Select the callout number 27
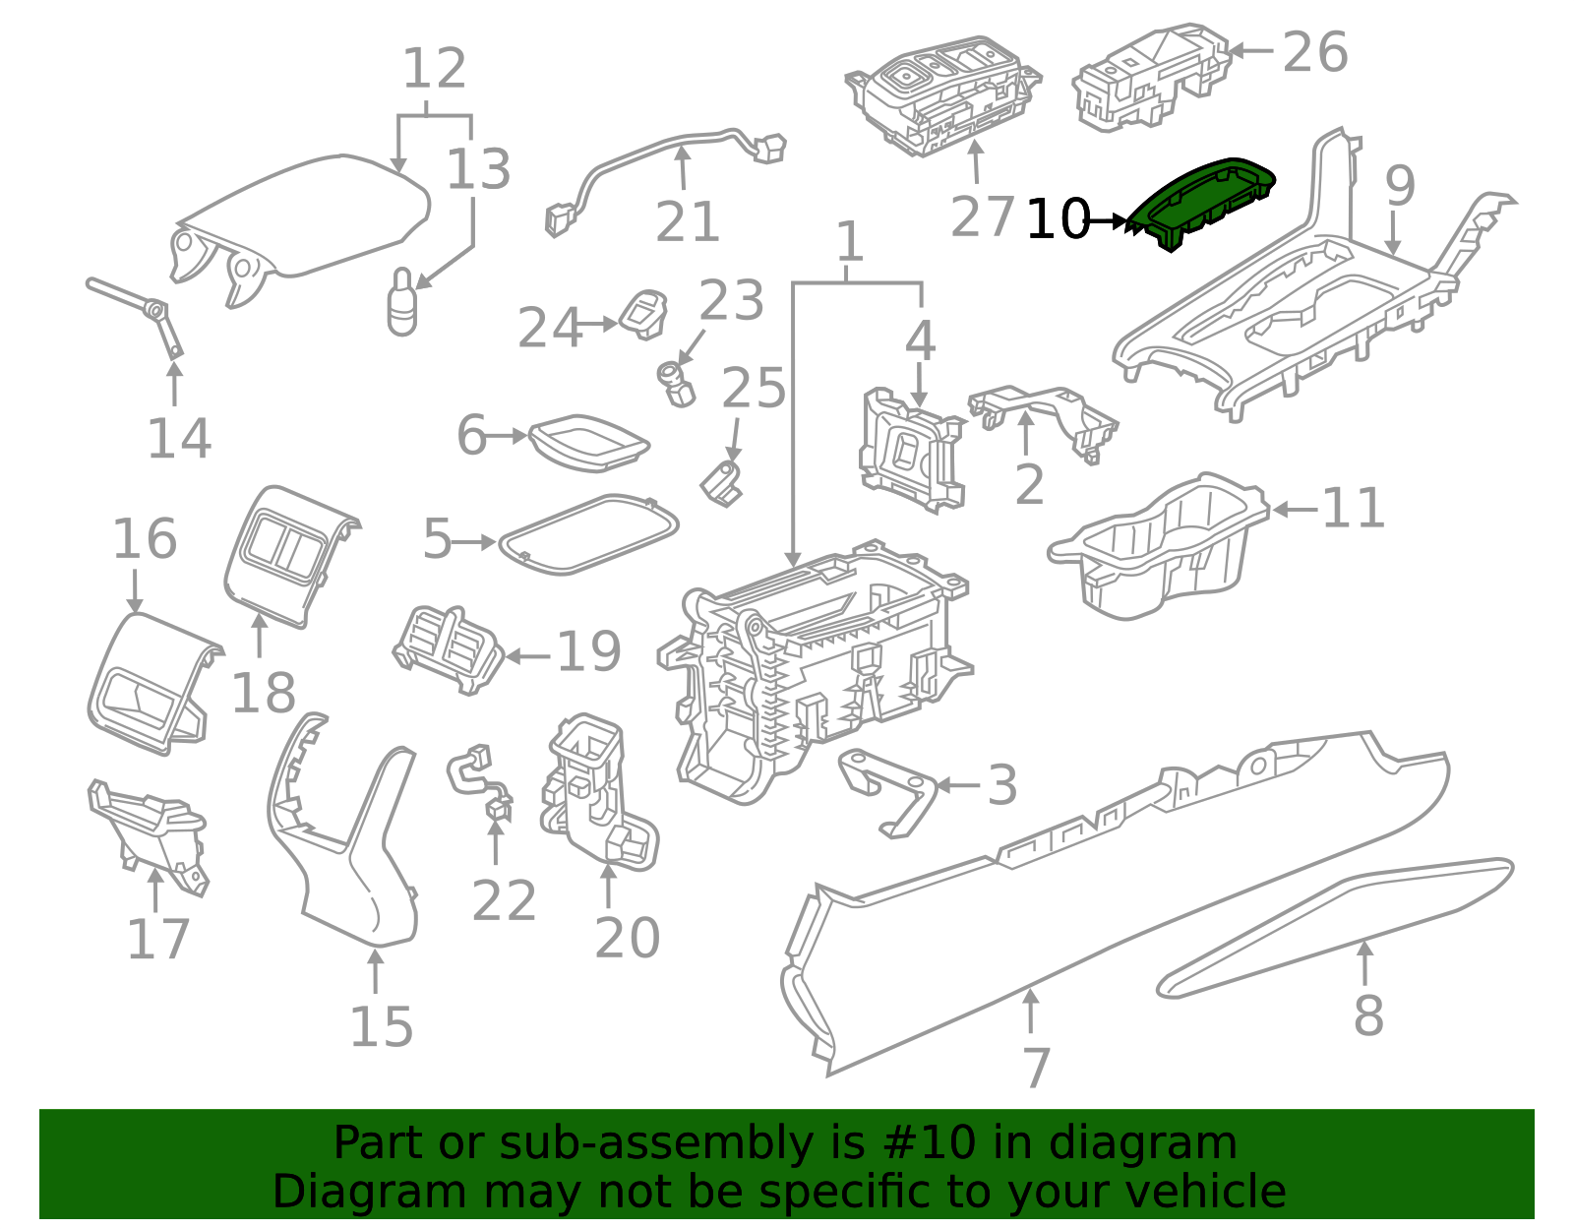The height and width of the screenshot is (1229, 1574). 982,216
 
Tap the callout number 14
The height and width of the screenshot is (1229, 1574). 179,439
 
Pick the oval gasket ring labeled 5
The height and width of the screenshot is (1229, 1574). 588,534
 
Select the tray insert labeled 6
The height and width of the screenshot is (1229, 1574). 588,443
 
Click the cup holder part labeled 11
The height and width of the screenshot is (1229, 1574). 1159,547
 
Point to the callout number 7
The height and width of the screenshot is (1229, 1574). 1037,1068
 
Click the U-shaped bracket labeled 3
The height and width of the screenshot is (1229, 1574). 888,793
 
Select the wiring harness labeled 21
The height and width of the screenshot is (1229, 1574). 665,174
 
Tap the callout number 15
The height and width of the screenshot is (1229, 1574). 381,1027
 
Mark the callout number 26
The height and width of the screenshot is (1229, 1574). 1314,52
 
